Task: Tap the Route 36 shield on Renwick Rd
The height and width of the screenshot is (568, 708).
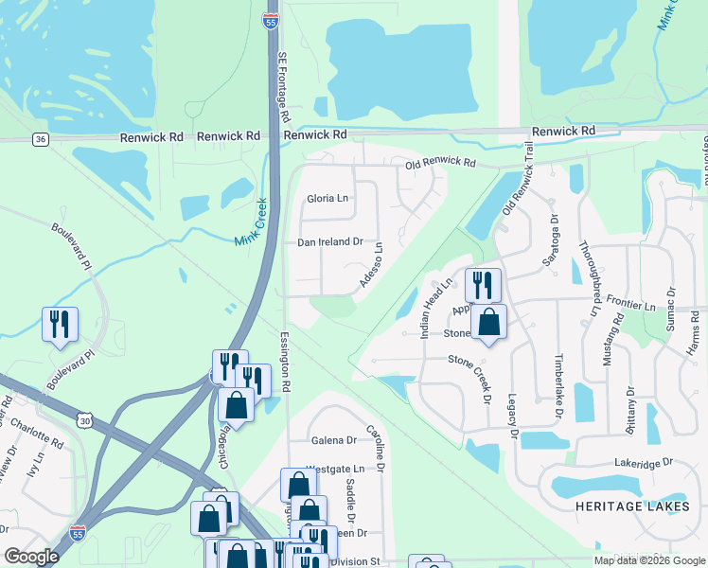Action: pyautogui.click(x=40, y=139)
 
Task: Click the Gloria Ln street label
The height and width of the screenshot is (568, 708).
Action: pyautogui.click(x=327, y=199)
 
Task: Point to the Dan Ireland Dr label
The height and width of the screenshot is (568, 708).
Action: pyautogui.click(x=330, y=242)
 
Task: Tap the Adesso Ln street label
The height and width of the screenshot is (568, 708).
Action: pyautogui.click(x=370, y=266)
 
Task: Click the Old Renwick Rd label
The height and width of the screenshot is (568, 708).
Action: pyautogui.click(x=440, y=163)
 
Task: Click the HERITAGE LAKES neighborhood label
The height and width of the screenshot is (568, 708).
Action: pyautogui.click(x=628, y=507)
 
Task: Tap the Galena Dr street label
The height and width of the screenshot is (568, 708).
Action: pyautogui.click(x=334, y=440)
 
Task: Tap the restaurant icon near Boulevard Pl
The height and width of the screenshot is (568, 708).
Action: pyautogui.click(x=60, y=325)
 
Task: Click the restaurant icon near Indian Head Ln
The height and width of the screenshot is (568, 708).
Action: pyautogui.click(x=483, y=285)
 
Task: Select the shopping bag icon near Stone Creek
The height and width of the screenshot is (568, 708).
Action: pyautogui.click(x=488, y=323)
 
